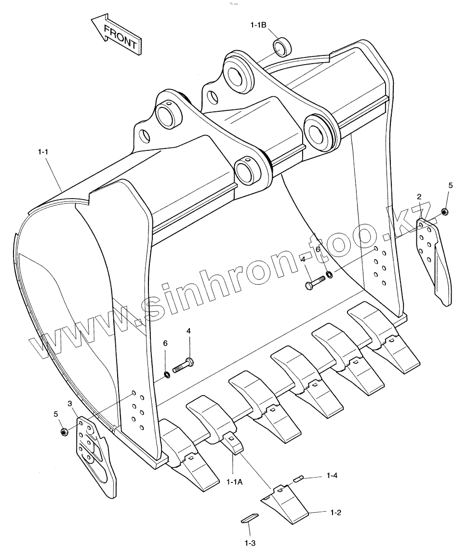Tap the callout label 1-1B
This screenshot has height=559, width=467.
[258, 25]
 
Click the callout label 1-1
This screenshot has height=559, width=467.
[43, 152]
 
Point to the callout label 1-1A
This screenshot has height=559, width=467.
[234, 480]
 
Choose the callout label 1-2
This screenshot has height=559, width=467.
[336, 512]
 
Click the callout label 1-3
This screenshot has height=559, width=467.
[250, 543]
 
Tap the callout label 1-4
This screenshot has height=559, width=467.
[332, 476]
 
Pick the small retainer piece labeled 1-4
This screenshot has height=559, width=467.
[298, 479]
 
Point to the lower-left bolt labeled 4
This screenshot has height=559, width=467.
[182, 367]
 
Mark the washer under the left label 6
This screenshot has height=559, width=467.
[166, 374]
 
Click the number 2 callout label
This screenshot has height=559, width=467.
[419, 196]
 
